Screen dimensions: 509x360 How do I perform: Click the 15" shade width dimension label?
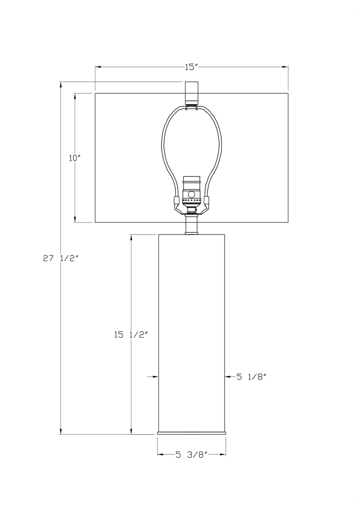(191, 67)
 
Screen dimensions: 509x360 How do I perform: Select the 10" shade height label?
(74, 158)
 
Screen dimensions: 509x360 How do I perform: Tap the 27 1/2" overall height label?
(61, 258)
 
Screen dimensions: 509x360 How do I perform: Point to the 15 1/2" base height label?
(131, 334)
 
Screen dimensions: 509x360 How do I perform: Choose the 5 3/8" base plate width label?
(192, 455)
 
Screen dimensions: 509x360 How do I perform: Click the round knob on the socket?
(192, 194)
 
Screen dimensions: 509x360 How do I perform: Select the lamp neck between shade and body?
(192, 225)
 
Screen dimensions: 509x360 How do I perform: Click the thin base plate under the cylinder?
(191, 433)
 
